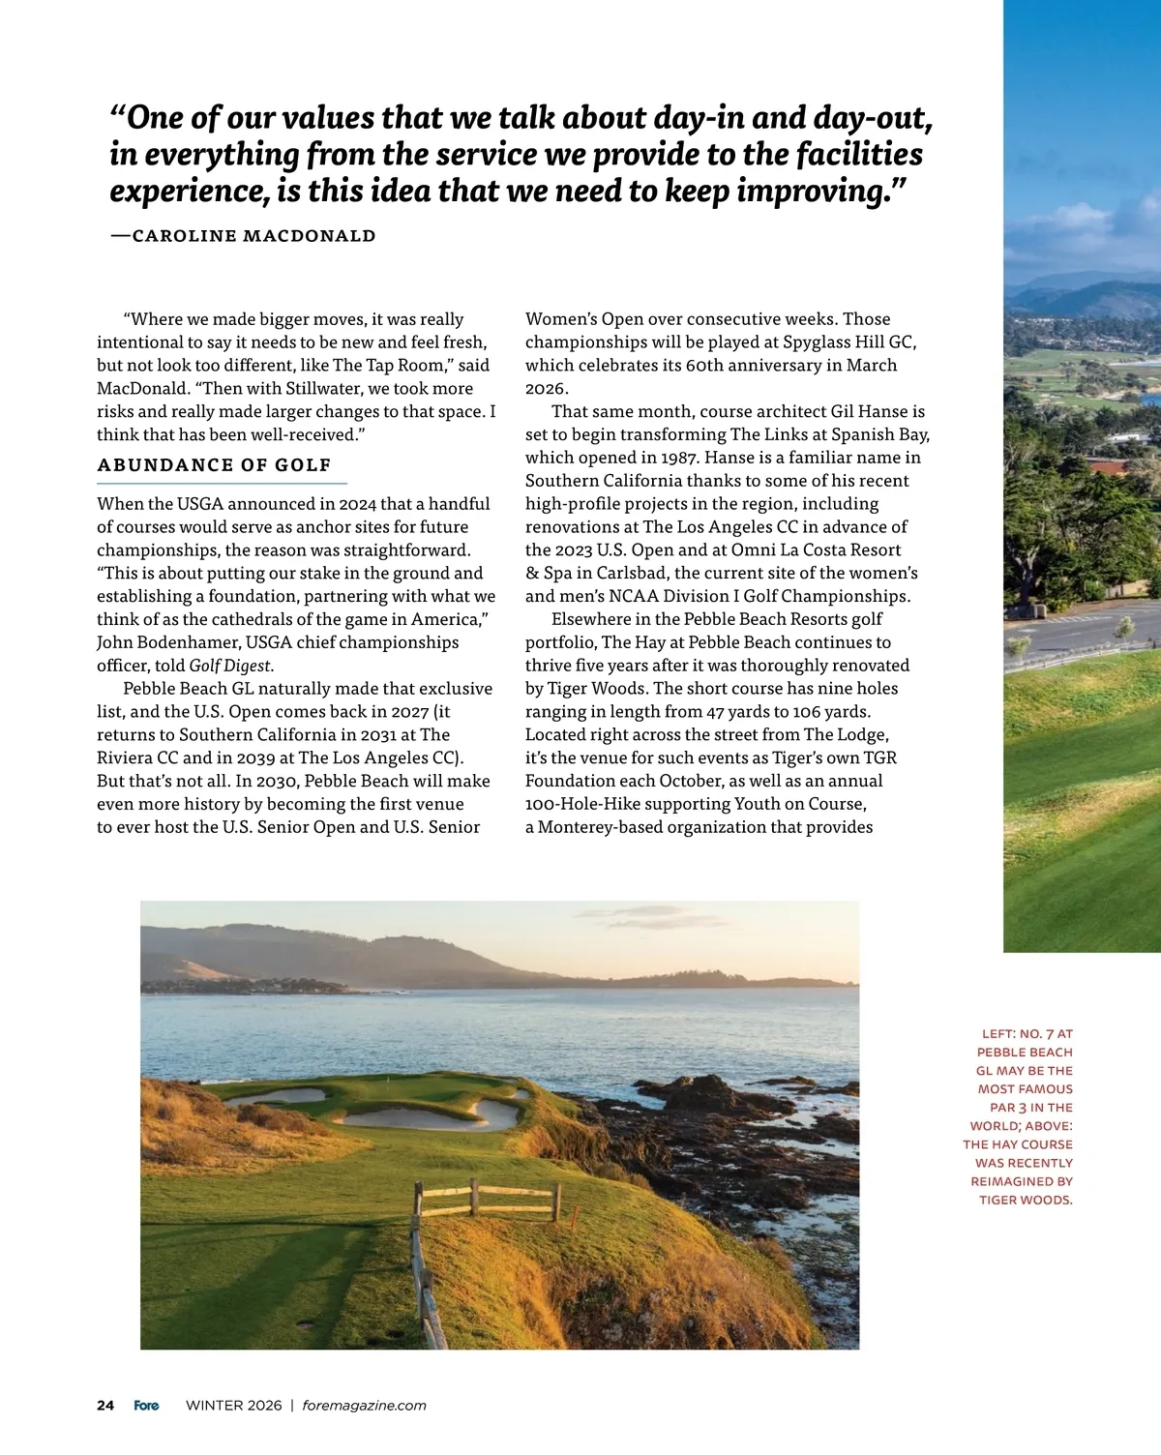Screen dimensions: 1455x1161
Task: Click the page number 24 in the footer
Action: click(x=105, y=1406)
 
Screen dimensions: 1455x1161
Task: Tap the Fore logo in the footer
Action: click(x=146, y=1406)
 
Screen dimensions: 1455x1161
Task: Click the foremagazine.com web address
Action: click(x=364, y=1406)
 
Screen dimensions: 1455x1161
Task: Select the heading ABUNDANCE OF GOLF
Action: click(x=214, y=465)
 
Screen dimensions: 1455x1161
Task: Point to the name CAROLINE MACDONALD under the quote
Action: click(x=253, y=235)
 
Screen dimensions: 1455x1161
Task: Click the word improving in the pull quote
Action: click(x=811, y=192)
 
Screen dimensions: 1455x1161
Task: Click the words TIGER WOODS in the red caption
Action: click(x=1026, y=1200)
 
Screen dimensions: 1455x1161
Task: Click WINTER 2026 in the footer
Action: click(x=233, y=1406)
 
